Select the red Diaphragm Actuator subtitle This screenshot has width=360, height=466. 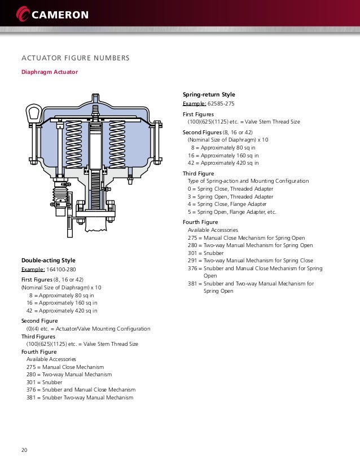[49, 72]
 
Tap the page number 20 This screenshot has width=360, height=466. [25, 450]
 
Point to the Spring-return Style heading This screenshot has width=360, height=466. [209, 94]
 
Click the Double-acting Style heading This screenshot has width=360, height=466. [48, 260]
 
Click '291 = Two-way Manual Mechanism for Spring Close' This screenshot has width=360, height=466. [250, 261]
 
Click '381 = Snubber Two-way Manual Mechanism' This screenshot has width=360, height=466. [80, 398]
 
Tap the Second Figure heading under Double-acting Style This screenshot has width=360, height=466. [39, 320]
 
